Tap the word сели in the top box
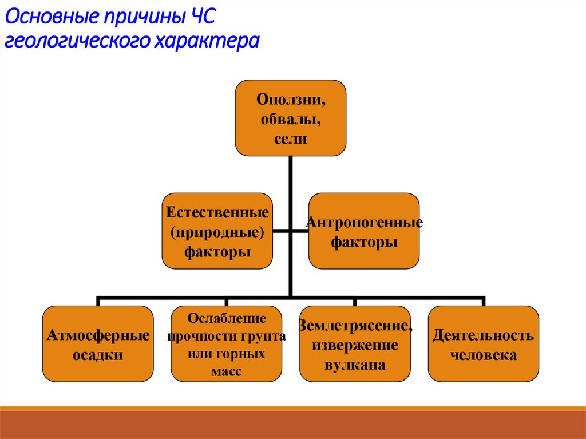click(291, 138)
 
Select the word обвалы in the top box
click(291, 119)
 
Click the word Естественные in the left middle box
click(217, 213)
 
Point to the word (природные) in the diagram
click(217, 232)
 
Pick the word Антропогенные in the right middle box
click(365, 222)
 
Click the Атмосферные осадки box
click(98, 343)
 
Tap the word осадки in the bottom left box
click(98, 355)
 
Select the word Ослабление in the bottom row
click(227, 318)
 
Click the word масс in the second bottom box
click(227, 371)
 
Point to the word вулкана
click(355, 365)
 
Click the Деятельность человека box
click(484, 343)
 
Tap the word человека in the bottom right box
click(484, 355)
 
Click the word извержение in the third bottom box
click(355, 346)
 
